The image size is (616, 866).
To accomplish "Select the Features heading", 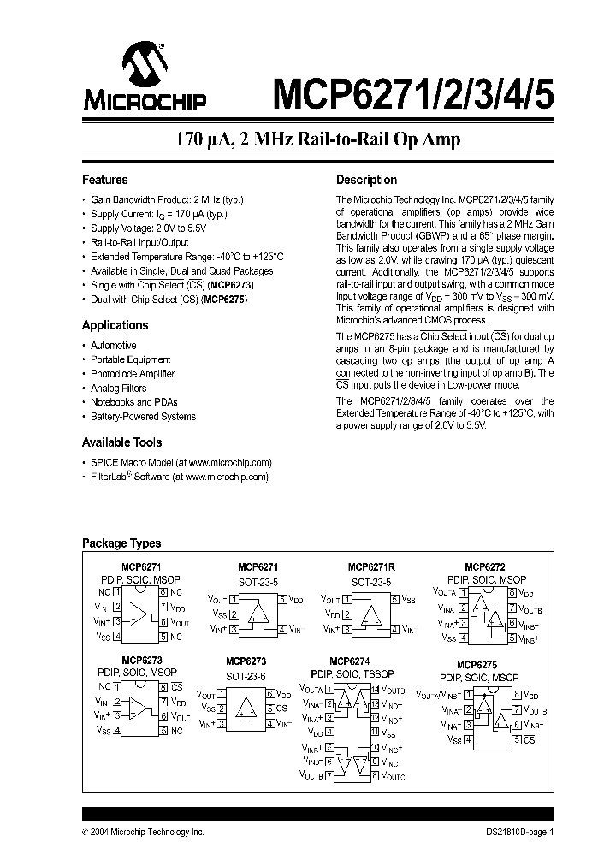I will coord(104,181).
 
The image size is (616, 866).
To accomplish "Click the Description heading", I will coord(366,181).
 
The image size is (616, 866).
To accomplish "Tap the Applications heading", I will coord(115,325).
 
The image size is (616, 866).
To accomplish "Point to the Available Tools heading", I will coord(121,442).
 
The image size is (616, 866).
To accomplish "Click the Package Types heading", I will coord(121,543).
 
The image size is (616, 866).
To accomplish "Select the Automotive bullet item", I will coord(113,346).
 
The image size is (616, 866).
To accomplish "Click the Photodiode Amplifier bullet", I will coord(132,374).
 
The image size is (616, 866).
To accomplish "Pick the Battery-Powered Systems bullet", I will coord(143,417).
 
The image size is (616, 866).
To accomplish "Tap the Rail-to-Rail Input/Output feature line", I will coord(139,242).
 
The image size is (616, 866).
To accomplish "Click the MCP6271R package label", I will coord(370,567).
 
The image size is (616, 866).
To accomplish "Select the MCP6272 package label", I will coord(485,567).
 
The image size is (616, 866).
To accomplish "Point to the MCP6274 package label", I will coord(348,661).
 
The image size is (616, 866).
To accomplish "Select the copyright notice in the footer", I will coord(143,832).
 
